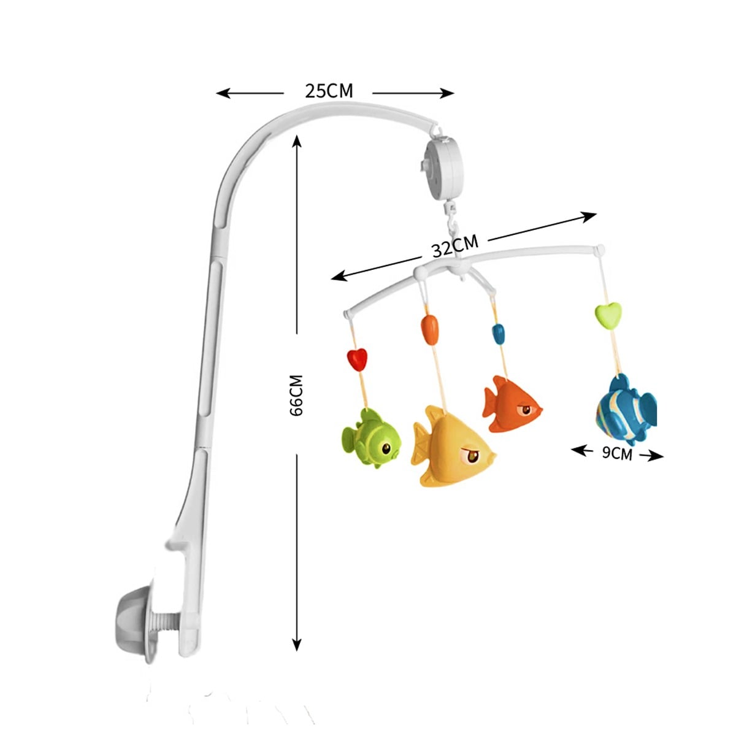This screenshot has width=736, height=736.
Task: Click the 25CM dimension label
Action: tap(329, 91)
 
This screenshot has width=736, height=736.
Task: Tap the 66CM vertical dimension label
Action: tap(296, 396)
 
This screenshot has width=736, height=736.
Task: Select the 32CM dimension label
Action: tap(455, 247)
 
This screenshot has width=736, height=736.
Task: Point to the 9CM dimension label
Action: tap(617, 453)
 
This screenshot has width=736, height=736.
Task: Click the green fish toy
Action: tap(371, 437)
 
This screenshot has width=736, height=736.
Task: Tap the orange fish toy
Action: tap(512, 404)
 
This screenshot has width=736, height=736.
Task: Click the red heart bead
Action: tap(357, 359)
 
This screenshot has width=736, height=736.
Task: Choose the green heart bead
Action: tap(608, 315)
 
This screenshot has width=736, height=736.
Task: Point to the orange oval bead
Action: tap(429, 330)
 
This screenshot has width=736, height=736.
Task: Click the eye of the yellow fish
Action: tap(473, 456)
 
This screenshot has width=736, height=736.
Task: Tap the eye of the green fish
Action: tap(387, 448)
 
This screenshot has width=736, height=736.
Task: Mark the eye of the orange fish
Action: tap(526, 410)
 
